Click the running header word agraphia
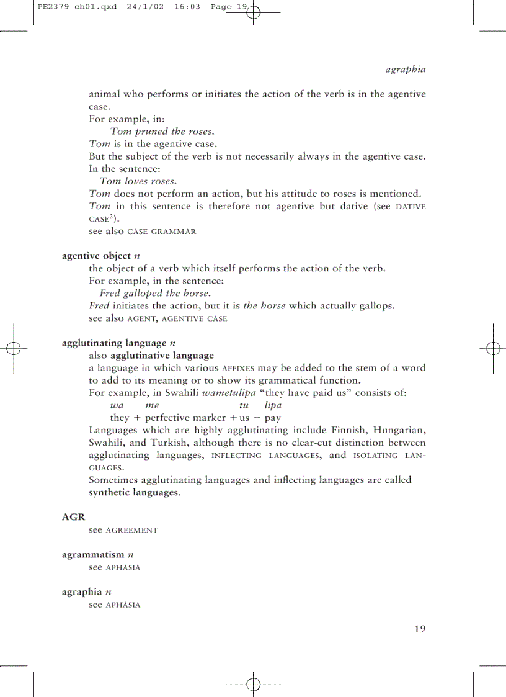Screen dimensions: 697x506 [x=406, y=69]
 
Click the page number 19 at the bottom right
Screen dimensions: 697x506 [x=420, y=629]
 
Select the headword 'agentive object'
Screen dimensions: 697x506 [x=96, y=256]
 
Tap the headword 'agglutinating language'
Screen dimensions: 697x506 [x=114, y=343]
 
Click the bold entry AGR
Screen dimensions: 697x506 [x=73, y=517]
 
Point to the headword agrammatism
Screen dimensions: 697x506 [x=93, y=554]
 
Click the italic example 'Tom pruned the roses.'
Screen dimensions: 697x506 [x=162, y=131]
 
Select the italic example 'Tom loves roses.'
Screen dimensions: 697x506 [x=138, y=181]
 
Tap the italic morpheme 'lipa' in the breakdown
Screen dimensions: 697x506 [x=273, y=405]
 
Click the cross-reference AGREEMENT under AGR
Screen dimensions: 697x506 [x=131, y=530]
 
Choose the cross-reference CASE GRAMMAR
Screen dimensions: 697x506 [x=161, y=232]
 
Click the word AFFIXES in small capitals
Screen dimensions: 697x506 [x=238, y=368]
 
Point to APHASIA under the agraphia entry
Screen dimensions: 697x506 [x=123, y=605]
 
